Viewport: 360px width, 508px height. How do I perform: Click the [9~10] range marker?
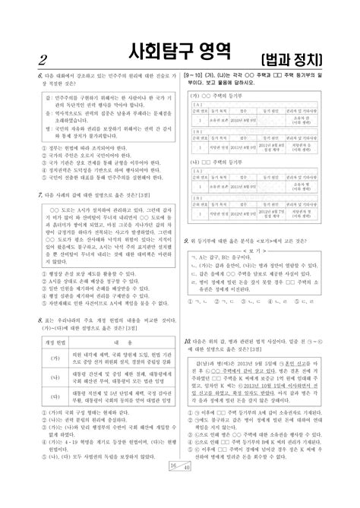tap(195, 77)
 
